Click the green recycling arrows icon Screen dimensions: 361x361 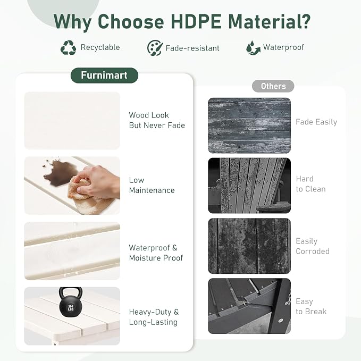point(68,48)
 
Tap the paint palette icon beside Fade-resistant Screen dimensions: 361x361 point(155,48)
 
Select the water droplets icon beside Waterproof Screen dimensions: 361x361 point(253,48)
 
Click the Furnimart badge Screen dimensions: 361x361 point(104,75)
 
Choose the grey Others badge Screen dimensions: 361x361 point(273,86)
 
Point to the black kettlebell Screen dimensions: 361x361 point(71,301)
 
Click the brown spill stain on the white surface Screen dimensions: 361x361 point(60,172)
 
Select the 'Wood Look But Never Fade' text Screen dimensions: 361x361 point(157,120)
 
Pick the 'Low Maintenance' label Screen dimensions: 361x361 point(152,185)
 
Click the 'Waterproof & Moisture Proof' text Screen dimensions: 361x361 point(156,253)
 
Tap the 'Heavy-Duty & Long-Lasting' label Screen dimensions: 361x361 point(154,317)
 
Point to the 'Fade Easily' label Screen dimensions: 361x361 point(316,122)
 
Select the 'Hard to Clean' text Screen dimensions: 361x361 point(310,184)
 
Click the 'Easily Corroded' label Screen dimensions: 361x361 point(313,246)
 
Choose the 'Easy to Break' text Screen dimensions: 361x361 point(311,306)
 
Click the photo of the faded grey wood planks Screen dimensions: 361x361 point(249,125)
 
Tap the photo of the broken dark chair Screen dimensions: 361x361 point(249,306)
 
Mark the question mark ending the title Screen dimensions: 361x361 point(306,21)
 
